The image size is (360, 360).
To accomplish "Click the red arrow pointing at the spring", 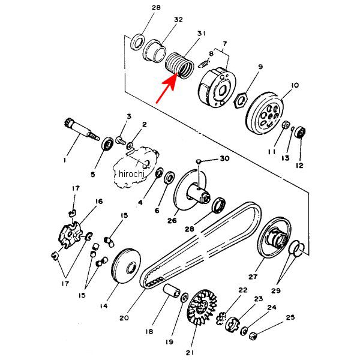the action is coord(166,88).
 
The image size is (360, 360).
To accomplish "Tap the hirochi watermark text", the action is coord(132,174).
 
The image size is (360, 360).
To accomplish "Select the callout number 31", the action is coord(201,34).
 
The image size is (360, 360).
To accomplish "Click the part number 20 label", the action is coord(124,318).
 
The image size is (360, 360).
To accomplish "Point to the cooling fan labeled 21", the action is coord(202,307).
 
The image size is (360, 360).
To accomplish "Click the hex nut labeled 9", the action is coord(240,100).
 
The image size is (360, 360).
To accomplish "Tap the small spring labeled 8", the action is coord(204,64).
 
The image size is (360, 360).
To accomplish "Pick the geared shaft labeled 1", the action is coord(82,130).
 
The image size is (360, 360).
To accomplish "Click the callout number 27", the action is coord(253,277).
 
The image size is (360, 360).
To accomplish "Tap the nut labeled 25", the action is coord(253,336).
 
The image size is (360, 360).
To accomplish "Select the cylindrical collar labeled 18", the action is coord(172,291).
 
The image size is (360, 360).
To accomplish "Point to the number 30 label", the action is coord(224,158).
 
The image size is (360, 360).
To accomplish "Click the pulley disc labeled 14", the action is coord(126,266).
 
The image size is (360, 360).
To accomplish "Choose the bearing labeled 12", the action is coord(301,132).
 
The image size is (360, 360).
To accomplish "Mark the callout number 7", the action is coord(225,44).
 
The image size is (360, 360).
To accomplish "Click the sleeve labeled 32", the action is coord(154,52).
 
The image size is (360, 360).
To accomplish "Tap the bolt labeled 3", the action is coord(121,140).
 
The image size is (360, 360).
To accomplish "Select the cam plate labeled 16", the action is coord(70,235).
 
